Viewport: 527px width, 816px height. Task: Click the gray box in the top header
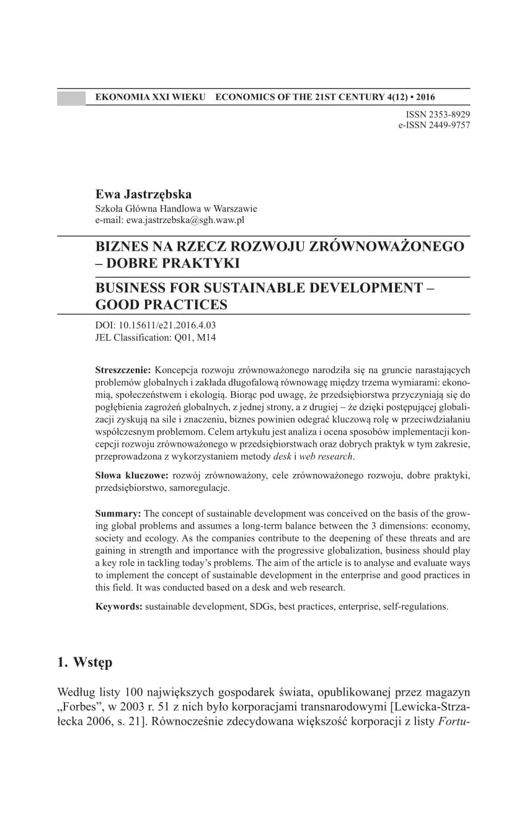[71, 97]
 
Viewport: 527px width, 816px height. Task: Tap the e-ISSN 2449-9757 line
[433, 125]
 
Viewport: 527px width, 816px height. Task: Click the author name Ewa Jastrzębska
[143, 194]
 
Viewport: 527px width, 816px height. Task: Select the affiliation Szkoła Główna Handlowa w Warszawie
[176, 209]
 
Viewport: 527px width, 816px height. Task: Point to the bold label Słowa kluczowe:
[131, 475]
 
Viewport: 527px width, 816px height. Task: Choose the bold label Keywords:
[118, 607]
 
